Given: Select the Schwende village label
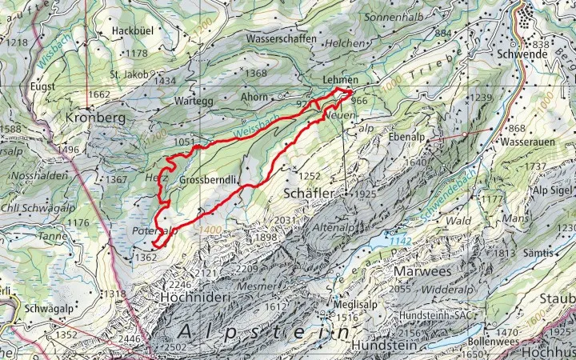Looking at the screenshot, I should point(544,54).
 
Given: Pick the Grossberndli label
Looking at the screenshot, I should point(209,180).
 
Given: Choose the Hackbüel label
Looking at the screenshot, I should point(132,30).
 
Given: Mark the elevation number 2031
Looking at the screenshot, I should point(286,221).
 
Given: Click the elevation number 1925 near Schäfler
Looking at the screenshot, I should point(363,194).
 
